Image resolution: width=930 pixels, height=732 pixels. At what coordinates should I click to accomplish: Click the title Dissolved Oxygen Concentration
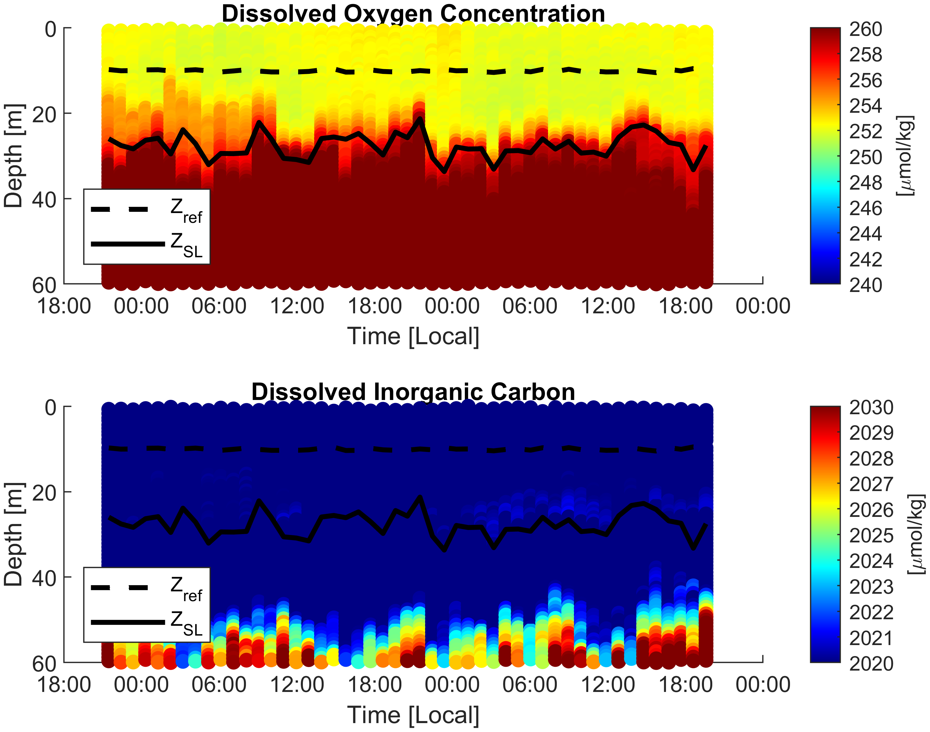[413, 15]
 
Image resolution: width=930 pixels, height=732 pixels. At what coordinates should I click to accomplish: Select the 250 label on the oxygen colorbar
[866, 157]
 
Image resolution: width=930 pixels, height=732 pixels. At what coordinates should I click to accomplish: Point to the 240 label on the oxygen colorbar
[866, 285]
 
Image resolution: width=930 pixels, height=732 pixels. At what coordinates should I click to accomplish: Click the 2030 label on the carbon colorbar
[871, 408]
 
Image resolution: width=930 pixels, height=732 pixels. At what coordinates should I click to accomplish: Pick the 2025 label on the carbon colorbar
[871, 536]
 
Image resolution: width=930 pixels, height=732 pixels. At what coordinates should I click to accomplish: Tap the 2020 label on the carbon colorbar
[871, 664]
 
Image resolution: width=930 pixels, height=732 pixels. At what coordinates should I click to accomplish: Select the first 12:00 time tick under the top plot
[297, 306]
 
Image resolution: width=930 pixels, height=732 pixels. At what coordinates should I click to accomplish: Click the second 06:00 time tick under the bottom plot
[530, 685]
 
